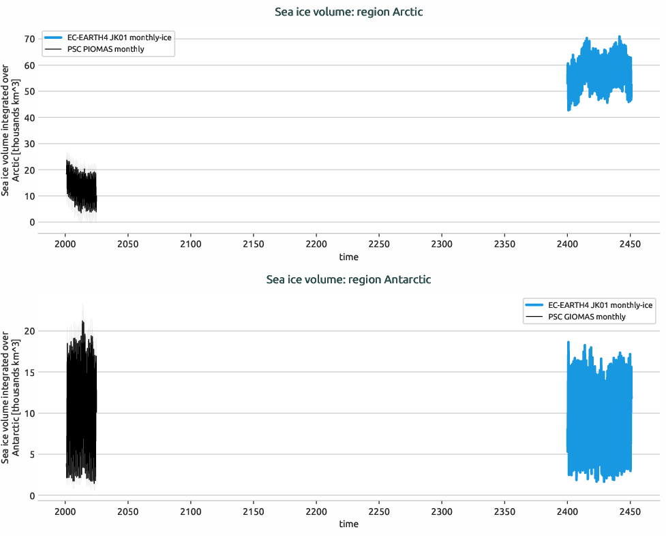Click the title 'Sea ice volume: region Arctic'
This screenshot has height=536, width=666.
(x=348, y=12)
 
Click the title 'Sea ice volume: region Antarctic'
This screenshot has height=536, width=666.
(x=348, y=279)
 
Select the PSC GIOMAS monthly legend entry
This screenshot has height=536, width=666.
(x=586, y=317)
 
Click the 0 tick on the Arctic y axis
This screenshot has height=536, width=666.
(x=31, y=222)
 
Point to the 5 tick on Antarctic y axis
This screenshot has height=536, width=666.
(x=31, y=454)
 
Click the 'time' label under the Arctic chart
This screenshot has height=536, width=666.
(x=348, y=257)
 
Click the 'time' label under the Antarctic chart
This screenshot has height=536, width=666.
(x=348, y=524)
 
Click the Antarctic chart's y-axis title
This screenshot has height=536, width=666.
(x=10, y=398)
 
